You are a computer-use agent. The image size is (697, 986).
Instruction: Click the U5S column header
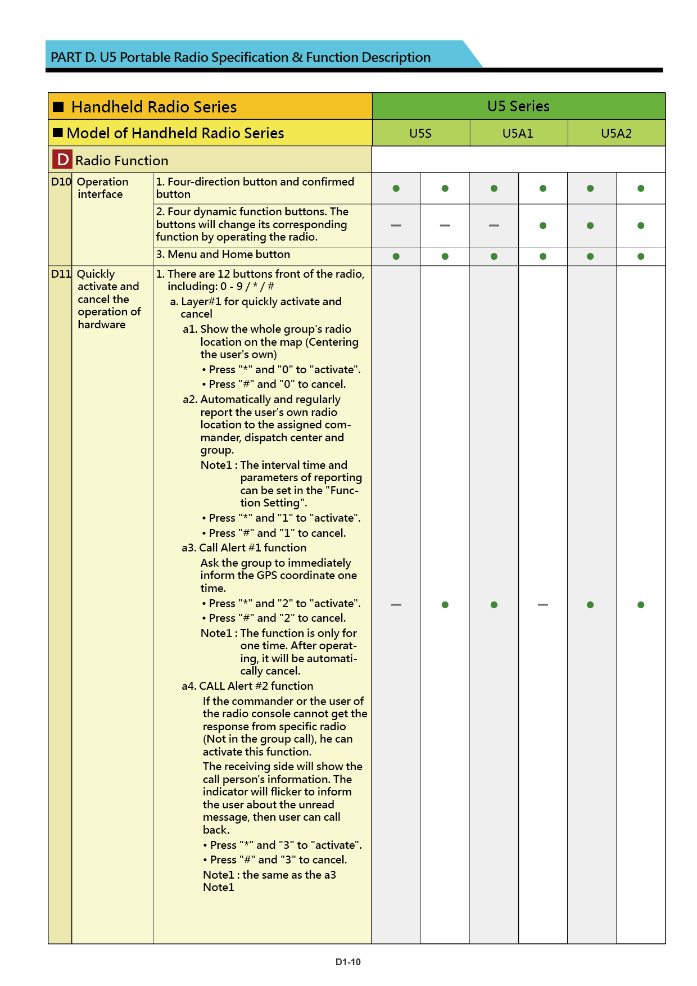[420, 133]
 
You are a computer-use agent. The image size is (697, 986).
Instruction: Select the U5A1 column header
[518, 133]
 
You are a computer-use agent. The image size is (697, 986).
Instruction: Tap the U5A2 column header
[616, 133]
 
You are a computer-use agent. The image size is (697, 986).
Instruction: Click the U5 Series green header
[518, 106]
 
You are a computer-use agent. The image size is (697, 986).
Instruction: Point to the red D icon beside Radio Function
[62, 160]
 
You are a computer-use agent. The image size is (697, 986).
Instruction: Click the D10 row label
[61, 182]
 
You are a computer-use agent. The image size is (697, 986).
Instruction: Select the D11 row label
[61, 274]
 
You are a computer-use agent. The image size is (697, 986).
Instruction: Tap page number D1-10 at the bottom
[348, 962]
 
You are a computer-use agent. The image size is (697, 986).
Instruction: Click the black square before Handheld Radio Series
[58, 107]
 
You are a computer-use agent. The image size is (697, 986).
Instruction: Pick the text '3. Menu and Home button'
[223, 255]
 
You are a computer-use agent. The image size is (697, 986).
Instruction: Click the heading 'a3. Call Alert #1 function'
[244, 548]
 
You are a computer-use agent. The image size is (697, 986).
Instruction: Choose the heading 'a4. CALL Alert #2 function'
[247, 686]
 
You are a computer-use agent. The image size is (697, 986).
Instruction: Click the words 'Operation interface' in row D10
[102, 188]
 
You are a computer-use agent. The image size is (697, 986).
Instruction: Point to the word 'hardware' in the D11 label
[102, 324]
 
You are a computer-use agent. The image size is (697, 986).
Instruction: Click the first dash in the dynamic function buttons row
[396, 225]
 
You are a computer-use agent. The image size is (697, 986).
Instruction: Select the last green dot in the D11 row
[641, 605]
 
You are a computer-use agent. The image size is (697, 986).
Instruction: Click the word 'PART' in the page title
[66, 57]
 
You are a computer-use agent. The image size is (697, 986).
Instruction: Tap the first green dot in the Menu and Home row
[396, 256]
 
